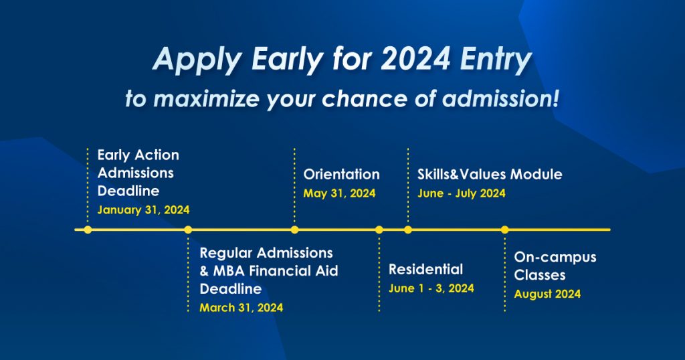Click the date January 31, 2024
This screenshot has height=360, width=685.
[x=143, y=210]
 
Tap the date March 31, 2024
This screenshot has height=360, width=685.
[x=241, y=308]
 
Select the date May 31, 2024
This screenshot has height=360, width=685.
[x=339, y=193]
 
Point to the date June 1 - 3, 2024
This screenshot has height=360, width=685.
[x=431, y=288]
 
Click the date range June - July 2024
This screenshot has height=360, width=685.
[x=462, y=193]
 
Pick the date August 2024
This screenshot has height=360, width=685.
[x=547, y=294]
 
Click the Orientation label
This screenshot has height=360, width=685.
[x=342, y=175]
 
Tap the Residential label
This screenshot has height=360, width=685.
[x=426, y=269]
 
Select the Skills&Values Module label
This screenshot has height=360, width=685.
[x=490, y=175]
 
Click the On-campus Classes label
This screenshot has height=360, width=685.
[x=555, y=266]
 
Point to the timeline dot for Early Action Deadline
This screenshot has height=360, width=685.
[x=88, y=230]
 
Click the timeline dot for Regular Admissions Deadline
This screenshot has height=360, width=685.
[x=188, y=230]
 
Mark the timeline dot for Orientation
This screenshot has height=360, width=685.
[x=295, y=230]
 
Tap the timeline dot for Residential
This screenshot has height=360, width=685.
[x=379, y=230]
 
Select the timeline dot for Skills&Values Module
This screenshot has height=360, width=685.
[x=408, y=230]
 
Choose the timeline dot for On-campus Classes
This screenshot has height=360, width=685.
[x=505, y=230]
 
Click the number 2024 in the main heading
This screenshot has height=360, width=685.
[x=415, y=58]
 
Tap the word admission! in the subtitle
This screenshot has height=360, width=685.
[x=500, y=99]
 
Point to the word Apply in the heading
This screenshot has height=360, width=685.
[x=198, y=60]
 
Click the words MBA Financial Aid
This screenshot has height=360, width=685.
[x=276, y=271]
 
